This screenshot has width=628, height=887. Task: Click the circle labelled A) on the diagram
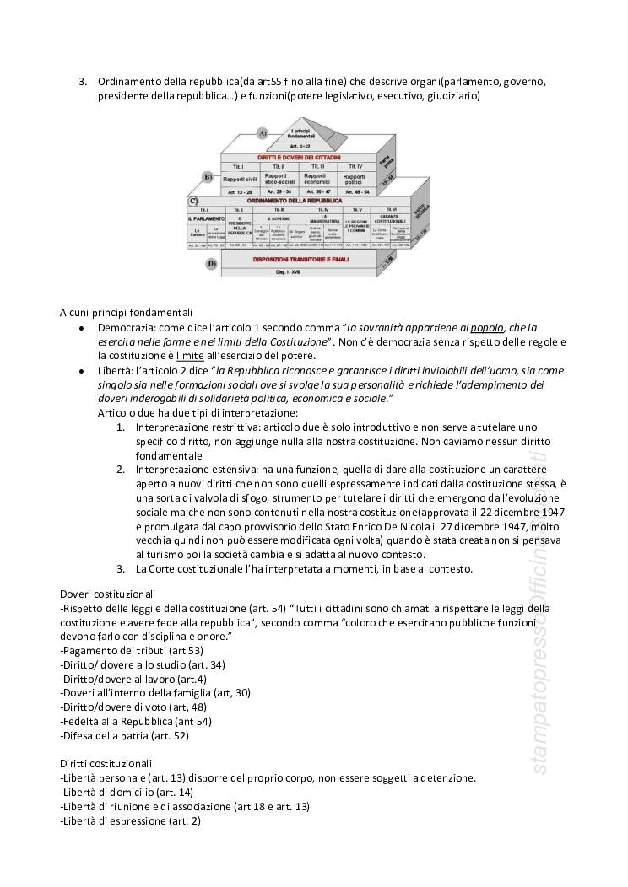pyautogui.click(x=263, y=133)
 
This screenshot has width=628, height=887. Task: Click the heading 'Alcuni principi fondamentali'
pyautogui.click(x=127, y=312)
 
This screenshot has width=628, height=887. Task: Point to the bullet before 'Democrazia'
pyautogui.click(x=80, y=328)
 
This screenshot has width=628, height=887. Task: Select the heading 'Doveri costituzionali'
pyautogui.click(x=108, y=594)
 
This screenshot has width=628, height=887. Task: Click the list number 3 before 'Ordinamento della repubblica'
pyautogui.click(x=83, y=82)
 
